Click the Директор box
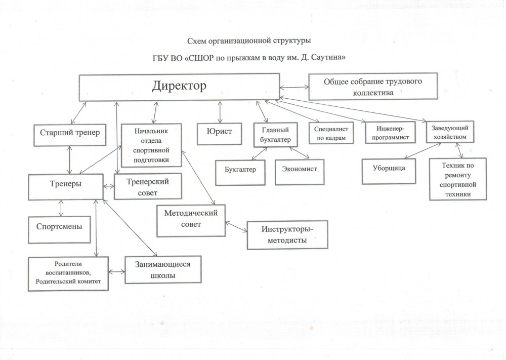[x=179, y=87]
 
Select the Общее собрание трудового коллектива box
[x=373, y=87]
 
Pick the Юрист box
[x=220, y=132]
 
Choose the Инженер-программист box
[x=386, y=134]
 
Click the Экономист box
[x=299, y=169]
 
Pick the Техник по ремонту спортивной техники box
[x=457, y=179]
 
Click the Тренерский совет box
[x=148, y=187]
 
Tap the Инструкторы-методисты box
[x=287, y=235]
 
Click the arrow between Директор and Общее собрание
[x=294, y=87]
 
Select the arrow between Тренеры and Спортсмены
[x=62, y=208]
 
